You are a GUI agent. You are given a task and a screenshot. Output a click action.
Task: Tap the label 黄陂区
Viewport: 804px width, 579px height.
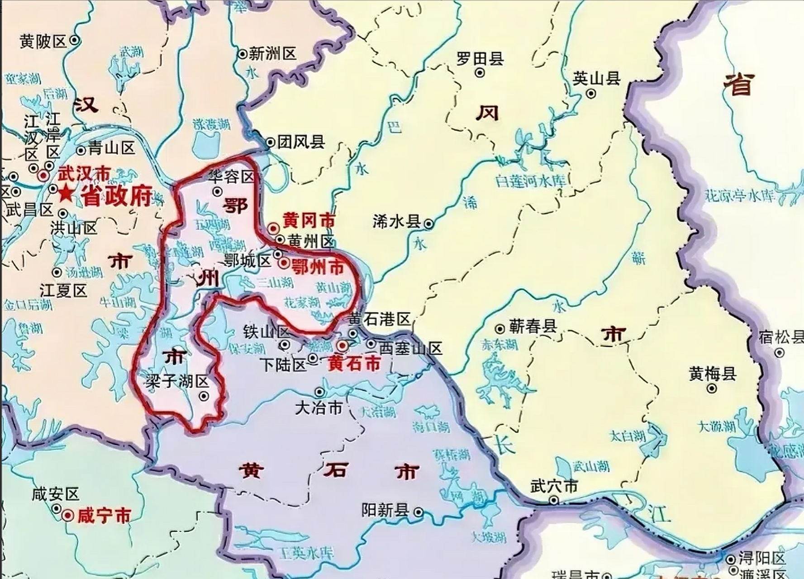(x=43, y=42)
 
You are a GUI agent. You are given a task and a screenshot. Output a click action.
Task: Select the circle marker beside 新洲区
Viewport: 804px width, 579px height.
(x=243, y=54)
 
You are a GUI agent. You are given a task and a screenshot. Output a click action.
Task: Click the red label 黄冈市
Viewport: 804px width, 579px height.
(x=309, y=221)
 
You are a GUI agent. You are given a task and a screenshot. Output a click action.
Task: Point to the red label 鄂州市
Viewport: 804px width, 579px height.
(x=318, y=267)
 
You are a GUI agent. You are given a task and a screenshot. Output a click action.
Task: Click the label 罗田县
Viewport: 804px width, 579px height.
(x=480, y=59)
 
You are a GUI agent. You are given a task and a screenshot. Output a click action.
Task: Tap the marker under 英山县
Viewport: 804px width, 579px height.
(x=591, y=94)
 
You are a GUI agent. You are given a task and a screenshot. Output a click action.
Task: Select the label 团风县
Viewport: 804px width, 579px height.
(x=301, y=142)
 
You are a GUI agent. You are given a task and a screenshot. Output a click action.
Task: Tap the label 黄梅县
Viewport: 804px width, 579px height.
(x=713, y=374)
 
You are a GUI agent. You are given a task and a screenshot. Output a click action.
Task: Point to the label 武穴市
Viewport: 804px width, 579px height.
(x=554, y=486)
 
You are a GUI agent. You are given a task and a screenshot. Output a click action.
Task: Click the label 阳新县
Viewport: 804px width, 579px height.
(x=385, y=511)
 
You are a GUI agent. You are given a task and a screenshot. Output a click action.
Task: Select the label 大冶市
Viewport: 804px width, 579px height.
(x=319, y=408)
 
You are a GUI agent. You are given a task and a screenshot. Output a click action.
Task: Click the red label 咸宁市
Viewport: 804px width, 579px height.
(x=105, y=516)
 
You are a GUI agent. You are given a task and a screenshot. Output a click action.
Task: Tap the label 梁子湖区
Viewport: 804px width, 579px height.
(x=177, y=381)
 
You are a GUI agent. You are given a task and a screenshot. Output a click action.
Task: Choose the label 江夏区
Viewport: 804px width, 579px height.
(x=63, y=290)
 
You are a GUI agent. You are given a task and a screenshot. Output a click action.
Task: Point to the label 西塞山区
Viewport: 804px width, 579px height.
(x=410, y=349)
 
